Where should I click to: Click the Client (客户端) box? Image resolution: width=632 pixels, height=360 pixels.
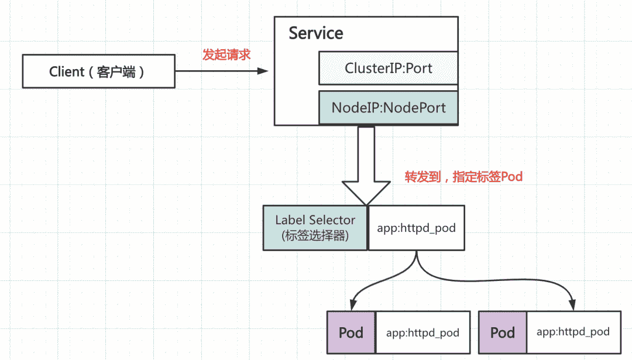pyautogui.click(x=98, y=71)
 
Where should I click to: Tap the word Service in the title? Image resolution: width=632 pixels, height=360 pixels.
pyautogui.click(x=316, y=33)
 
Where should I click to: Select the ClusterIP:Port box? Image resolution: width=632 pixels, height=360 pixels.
pyautogui.click(x=388, y=68)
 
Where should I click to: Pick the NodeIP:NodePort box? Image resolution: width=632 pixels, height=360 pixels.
pyautogui.click(x=388, y=108)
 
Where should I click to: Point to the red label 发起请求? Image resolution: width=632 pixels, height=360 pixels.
pyautogui.click(x=226, y=55)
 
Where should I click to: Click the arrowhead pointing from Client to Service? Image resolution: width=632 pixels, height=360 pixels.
pyautogui.click(x=263, y=71)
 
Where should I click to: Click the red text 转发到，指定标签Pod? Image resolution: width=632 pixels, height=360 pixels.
pyautogui.click(x=463, y=177)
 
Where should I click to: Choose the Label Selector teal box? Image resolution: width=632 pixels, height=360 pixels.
pyautogui.click(x=315, y=228)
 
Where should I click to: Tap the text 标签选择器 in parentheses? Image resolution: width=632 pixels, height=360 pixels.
pyautogui.click(x=315, y=236)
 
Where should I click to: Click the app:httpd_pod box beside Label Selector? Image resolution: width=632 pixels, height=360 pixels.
pyautogui.click(x=416, y=228)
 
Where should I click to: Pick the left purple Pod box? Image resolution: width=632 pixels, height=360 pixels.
pyautogui.click(x=351, y=332)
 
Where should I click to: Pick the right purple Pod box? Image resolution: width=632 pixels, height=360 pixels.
pyautogui.click(x=502, y=332)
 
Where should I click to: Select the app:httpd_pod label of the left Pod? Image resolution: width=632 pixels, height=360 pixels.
pyautogui.click(x=423, y=332)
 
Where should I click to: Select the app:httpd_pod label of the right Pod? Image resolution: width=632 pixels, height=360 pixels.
pyautogui.click(x=573, y=332)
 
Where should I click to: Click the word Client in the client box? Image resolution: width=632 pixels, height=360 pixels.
pyautogui.click(x=67, y=72)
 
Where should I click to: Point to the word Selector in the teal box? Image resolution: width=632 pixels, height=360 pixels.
pyautogui.click(x=332, y=220)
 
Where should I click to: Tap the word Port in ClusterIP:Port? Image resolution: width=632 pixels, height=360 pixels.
pyautogui.click(x=419, y=68)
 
